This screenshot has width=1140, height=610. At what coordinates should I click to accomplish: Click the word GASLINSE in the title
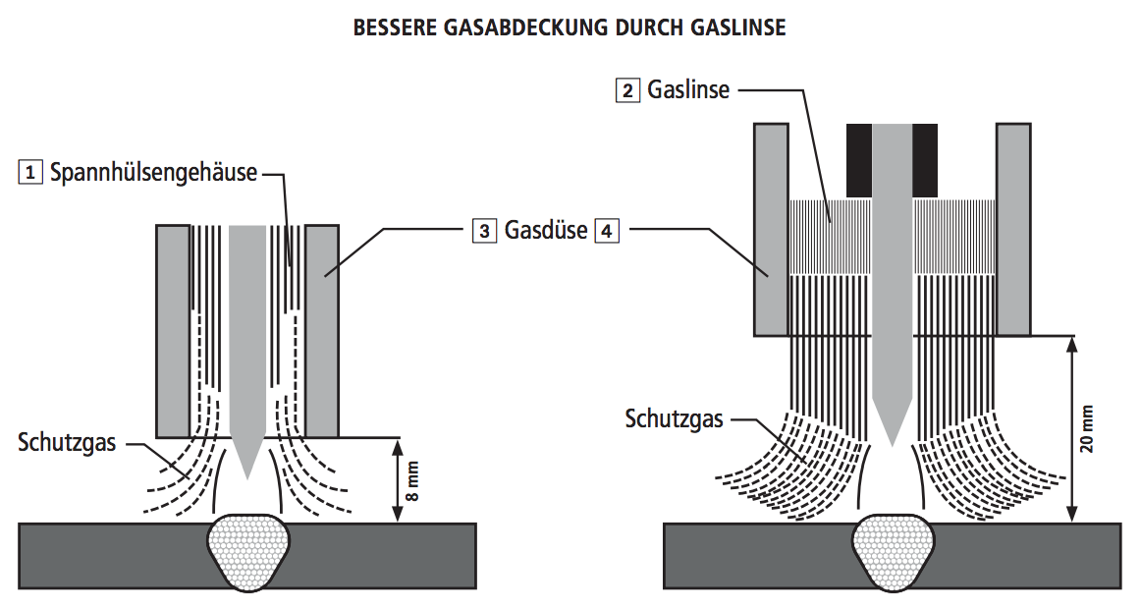click(735, 28)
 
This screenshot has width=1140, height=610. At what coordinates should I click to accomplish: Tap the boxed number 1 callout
click(30, 173)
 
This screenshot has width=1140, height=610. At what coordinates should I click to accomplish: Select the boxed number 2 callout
click(627, 90)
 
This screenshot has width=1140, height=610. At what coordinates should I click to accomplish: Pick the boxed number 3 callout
click(484, 231)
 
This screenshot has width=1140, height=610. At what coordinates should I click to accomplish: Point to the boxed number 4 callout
click(608, 231)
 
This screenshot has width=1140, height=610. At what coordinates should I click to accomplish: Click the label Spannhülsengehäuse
click(153, 173)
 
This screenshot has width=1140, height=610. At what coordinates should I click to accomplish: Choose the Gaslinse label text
click(688, 90)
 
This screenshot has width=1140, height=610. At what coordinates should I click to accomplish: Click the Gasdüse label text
click(546, 231)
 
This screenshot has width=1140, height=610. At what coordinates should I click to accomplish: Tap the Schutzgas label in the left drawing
click(67, 442)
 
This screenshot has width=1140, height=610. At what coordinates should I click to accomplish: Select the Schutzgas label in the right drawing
click(675, 419)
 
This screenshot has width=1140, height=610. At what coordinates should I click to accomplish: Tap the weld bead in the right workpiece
click(893, 553)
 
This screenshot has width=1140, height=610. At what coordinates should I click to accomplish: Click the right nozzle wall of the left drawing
click(322, 331)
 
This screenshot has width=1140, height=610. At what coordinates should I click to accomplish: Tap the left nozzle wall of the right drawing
click(771, 229)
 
